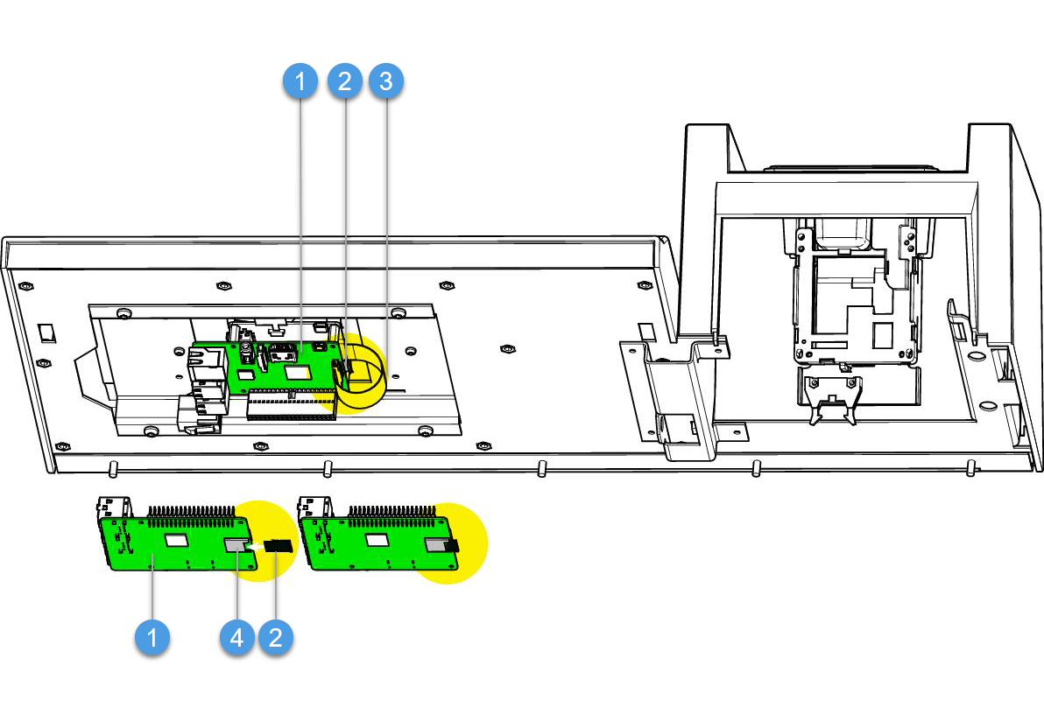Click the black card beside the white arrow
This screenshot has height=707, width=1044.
coord(279,546)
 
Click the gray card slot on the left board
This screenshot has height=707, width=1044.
coord(236,546)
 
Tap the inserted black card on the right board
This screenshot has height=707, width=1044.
coord(451,546)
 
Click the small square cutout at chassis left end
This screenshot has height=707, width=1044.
coord(48,332)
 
